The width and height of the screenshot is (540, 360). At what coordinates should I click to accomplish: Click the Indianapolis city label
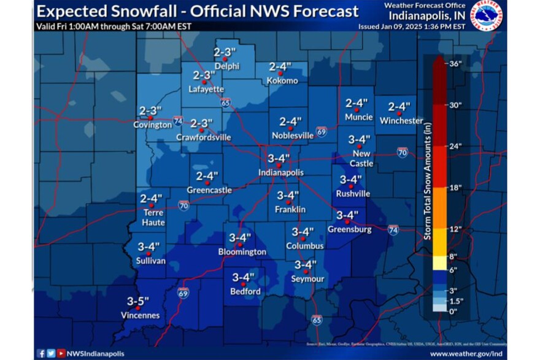click(x=280, y=173)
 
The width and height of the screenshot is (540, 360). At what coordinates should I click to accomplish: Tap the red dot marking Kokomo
click(x=280, y=73)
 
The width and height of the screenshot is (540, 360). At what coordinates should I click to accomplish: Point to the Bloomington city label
click(x=242, y=252)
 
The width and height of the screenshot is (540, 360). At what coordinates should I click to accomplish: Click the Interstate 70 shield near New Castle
click(x=402, y=152)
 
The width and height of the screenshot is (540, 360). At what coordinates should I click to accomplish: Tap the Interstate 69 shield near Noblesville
click(x=322, y=131)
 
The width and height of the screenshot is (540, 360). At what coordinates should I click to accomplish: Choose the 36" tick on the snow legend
click(x=455, y=63)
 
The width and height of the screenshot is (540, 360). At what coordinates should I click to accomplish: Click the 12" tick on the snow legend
click(x=455, y=229)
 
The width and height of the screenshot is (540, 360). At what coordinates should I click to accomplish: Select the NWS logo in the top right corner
click(x=485, y=14)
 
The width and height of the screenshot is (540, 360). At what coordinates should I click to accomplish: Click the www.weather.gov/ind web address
click(x=466, y=354)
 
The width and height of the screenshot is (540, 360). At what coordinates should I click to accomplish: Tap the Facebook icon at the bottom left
click(x=40, y=353)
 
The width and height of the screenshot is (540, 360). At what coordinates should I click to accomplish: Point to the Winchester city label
click(x=401, y=121)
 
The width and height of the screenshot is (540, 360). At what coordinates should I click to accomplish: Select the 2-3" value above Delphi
click(x=225, y=52)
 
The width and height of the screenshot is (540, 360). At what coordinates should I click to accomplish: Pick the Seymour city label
click(x=307, y=279)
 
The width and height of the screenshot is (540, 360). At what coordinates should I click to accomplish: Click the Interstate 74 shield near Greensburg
click(x=393, y=229)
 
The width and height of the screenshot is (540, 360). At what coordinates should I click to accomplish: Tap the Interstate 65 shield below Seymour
click(x=316, y=320)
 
